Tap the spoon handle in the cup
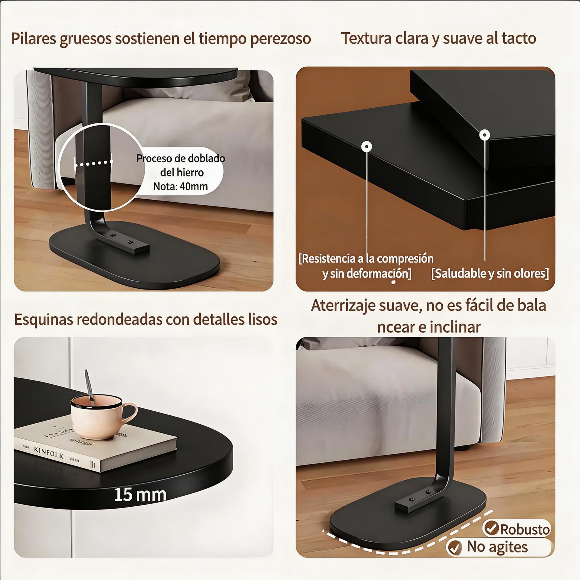point(89,385)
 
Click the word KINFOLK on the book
point(49,452)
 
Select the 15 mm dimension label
point(140,494)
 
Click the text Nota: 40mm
point(180,186)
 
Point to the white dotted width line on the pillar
point(93,163)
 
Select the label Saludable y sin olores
point(490,273)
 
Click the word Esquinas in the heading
point(44,319)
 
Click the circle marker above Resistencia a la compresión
point(366,146)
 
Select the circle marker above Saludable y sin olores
point(485,135)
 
